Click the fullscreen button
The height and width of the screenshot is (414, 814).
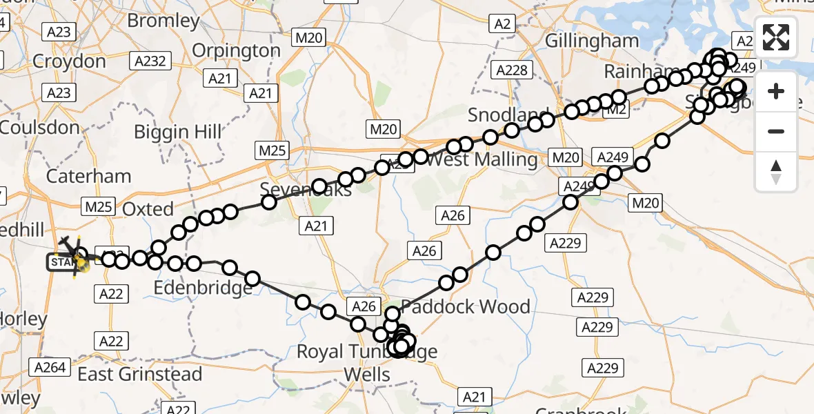pos(776,37)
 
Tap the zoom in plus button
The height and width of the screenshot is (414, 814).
pos(776,91)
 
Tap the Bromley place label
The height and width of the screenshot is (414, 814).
pos(163,21)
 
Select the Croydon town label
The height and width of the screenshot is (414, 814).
pos(69,61)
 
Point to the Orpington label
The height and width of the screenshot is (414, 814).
pos(236,50)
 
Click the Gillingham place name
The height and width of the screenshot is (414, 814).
pos(592,41)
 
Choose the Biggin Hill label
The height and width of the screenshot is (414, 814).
pos(178,131)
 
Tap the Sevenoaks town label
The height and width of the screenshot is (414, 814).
pos(306,189)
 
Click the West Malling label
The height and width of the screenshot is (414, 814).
pos(482,160)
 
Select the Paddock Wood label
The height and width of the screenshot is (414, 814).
pos(466,306)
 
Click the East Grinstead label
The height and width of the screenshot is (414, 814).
pos(140,374)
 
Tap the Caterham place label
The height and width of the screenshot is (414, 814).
pos(88,176)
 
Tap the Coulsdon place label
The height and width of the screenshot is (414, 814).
pos(40,127)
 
